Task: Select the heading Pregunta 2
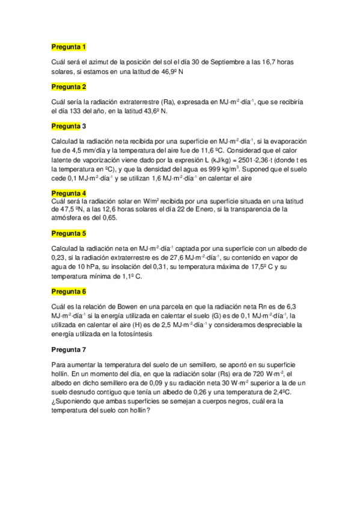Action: coord(69,87)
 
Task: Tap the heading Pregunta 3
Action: coord(69,126)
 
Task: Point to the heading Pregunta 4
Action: coord(69,192)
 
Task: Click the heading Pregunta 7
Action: coord(69,349)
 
